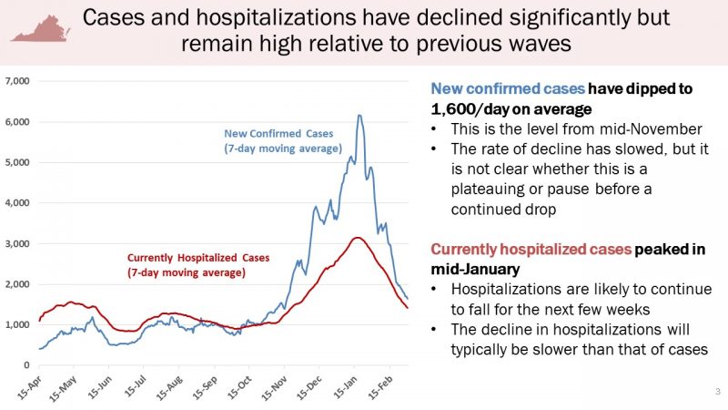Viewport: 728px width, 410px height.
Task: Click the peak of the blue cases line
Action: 359,115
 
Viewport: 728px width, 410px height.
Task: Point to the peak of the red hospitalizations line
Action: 359,238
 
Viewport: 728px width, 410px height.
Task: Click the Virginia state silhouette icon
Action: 42,27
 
